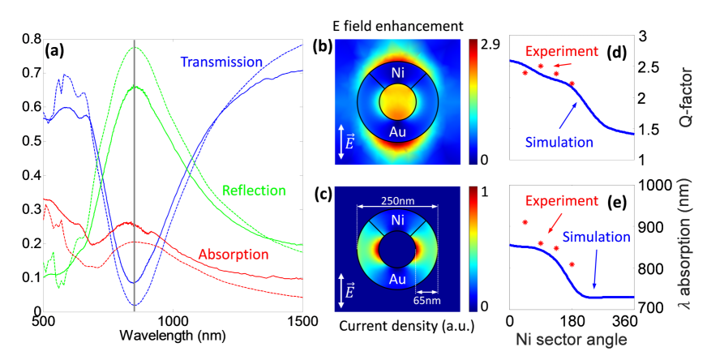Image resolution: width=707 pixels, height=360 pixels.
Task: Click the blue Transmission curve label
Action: point(221,62)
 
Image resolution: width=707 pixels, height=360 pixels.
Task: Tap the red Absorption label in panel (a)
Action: point(234,255)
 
